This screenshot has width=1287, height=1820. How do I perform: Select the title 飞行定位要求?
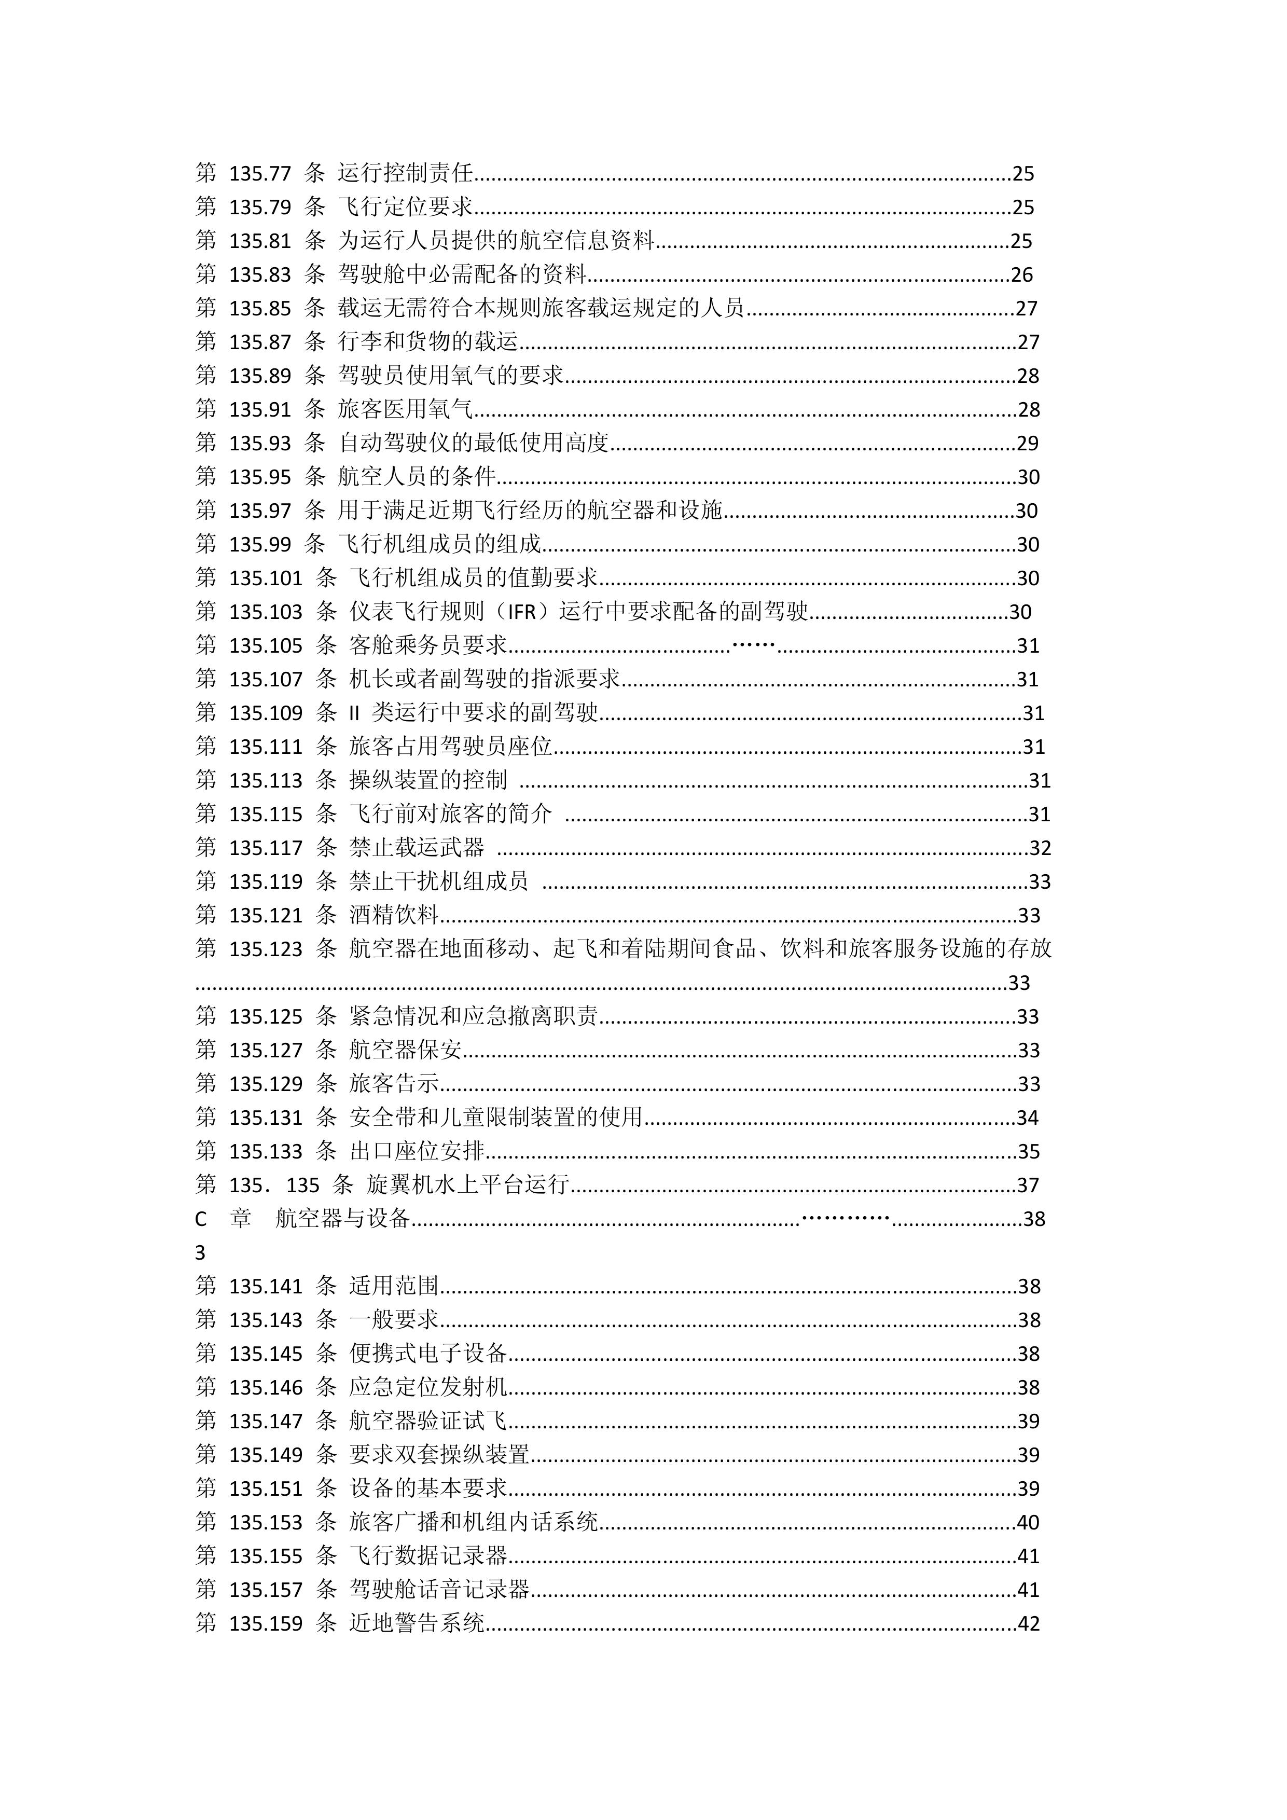coord(405,207)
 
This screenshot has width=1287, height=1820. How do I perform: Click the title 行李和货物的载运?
coord(428,342)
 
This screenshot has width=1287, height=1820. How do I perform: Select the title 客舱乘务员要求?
coord(428,645)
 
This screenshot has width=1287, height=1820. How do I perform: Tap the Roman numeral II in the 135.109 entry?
coord(354,713)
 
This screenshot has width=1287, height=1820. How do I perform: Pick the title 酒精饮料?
coord(394,916)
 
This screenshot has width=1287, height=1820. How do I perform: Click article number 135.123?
coord(266,949)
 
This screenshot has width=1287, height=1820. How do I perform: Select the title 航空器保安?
coord(405,1050)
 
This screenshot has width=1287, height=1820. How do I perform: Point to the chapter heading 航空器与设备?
coord(342,1218)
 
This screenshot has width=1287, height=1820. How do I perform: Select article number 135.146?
coord(266,1387)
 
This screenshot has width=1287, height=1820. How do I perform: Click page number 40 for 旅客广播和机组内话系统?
coord(1027,1522)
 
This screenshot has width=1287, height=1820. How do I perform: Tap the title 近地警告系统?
coord(417,1623)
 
